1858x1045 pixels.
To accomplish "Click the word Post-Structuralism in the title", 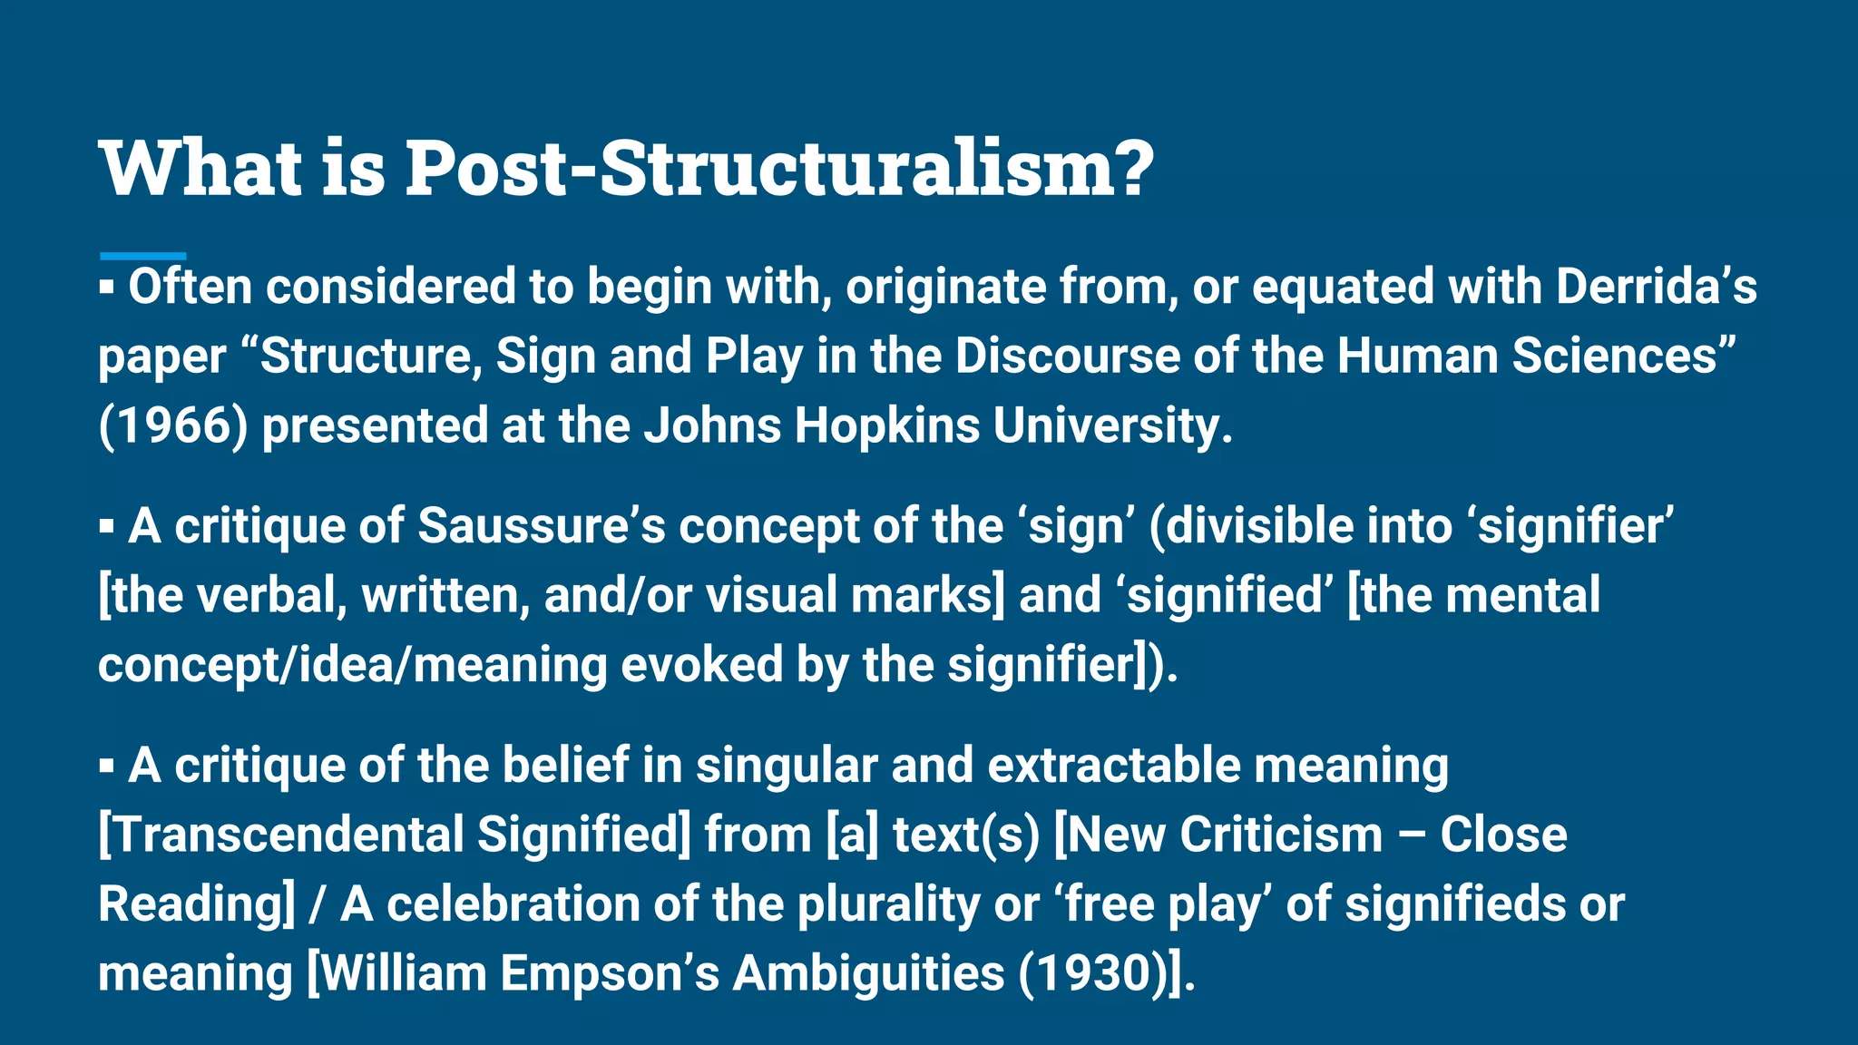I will click(780, 168).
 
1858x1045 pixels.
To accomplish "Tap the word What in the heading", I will click(200, 168).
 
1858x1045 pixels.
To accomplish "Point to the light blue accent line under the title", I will click(142, 257).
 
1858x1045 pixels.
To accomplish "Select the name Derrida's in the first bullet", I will click(1657, 287).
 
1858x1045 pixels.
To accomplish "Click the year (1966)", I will click(173, 425).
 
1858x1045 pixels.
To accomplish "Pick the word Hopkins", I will click(887, 425).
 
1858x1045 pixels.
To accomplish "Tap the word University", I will click(1112, 425).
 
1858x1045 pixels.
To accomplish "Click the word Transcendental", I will click(281, 835).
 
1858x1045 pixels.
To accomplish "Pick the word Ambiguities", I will click(868, 973).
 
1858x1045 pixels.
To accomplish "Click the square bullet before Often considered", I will click(107, 288).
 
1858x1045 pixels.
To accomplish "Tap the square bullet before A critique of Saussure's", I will click(107, 527).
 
